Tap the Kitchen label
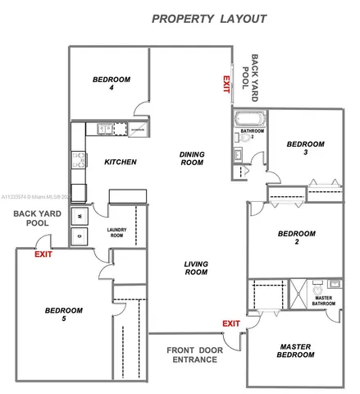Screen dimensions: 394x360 [120, 162]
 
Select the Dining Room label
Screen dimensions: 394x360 [191, 158]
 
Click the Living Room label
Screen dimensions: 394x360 [195, 268]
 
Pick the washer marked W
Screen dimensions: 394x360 [80, 215]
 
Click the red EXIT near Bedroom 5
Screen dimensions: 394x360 [42, 254]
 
